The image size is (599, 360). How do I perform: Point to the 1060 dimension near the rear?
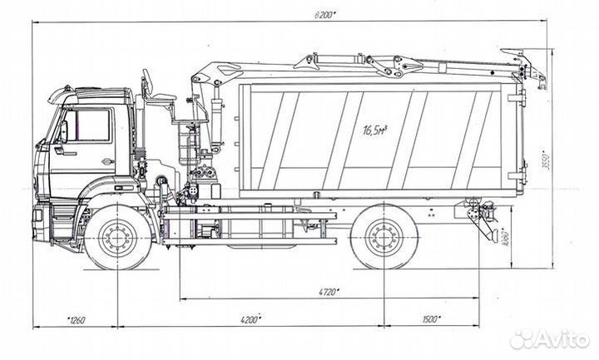tap(504, 239)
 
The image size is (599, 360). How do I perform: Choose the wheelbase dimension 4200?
tap(250, 318)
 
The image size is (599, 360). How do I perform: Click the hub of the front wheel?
tap(118, 239)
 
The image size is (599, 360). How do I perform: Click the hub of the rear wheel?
tap(384, 239)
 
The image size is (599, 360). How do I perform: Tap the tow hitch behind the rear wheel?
tap(481, 219)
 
